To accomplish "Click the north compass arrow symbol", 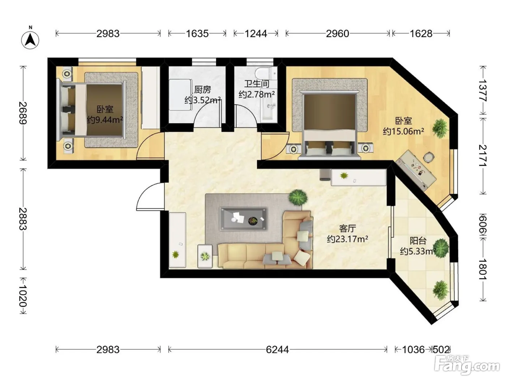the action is [x=30, y=40].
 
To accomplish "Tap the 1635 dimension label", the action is [x=197, y=34].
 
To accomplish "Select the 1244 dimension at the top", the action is [x=256, y=34].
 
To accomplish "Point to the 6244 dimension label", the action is [x=277, y=350].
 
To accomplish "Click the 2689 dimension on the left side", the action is [x=23, y=113].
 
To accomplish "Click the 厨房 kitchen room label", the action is [x=202, y=89].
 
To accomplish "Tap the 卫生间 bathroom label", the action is [x=257, y=84].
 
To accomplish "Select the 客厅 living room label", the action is [x=347, y=229].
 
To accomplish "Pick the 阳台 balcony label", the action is [x=418, y=241].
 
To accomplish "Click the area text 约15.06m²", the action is [x=403, y=131].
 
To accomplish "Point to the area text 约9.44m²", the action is [x=105, y=120].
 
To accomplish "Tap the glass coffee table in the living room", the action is [x=244, y=219].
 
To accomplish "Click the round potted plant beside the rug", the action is [x=298, y=198].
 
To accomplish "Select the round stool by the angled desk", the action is [x=429, y=157].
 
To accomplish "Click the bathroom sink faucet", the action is [x=271, y=106].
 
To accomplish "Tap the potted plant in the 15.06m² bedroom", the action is [x=440, y=128].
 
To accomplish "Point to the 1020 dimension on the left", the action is [x=23, y=296].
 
